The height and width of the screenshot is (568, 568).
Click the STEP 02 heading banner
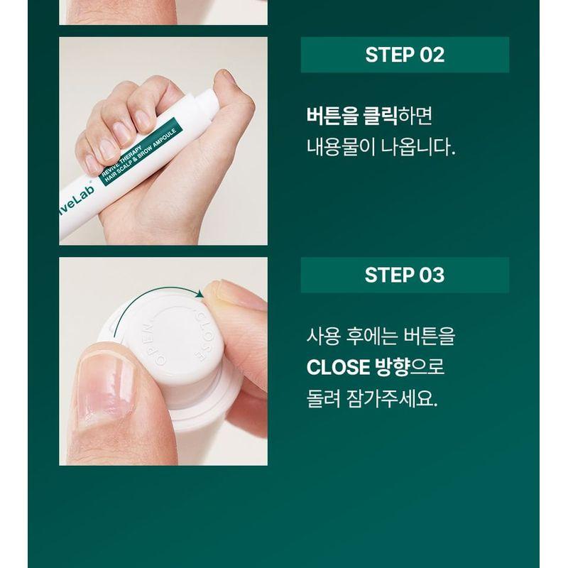click(x=405, y=55)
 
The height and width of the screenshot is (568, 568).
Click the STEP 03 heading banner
click(x=405, y=275)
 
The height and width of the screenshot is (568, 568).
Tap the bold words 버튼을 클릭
click(x=351, y=115)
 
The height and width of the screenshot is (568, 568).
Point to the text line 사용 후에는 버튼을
click(x=381, y=335)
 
